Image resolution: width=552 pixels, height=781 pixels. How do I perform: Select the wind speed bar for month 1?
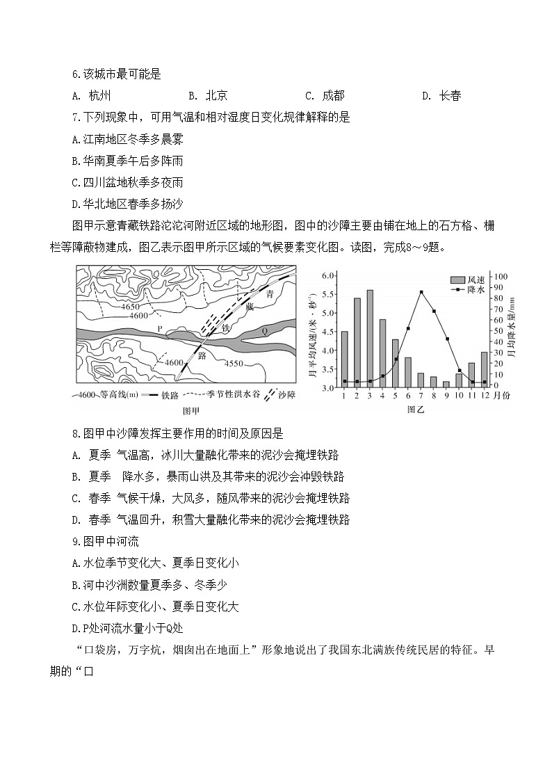coord(344,359)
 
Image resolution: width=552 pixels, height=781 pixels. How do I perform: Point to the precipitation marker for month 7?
coord(421,292)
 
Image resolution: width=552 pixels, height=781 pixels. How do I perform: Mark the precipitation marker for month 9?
coord(446,339)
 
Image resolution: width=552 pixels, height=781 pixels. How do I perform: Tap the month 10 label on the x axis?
coord(459,395)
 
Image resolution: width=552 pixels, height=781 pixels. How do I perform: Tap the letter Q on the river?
coord(264,332)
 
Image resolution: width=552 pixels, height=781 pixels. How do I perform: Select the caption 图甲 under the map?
coord(190,410)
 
